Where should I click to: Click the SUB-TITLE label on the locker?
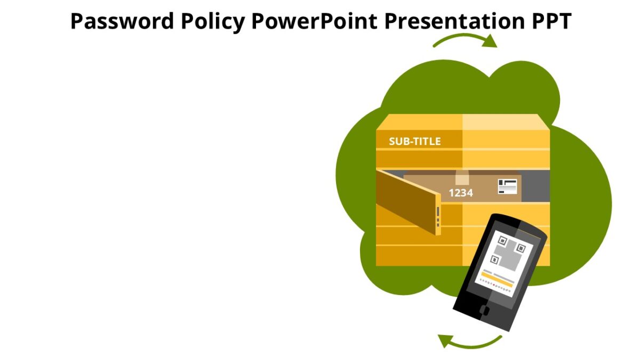414,141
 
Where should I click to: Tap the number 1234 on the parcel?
461,193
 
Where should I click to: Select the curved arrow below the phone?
469,341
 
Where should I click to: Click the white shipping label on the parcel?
507,186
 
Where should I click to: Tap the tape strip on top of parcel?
462,178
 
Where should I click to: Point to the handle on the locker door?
438,215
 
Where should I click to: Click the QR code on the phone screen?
509,252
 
